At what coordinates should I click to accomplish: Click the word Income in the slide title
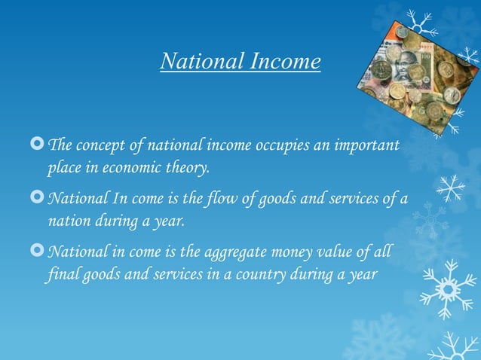tap(286, 62)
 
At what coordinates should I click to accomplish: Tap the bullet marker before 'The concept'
tap(38, 144)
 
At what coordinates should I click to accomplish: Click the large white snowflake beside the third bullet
tap(447, 288)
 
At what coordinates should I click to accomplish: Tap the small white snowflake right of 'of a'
tap(451, 188)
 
